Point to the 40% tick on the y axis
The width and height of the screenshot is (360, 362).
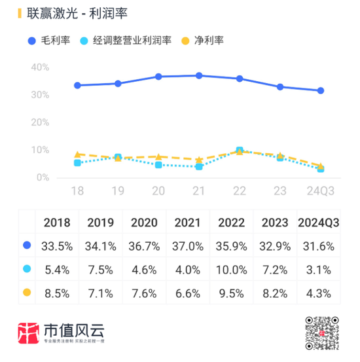tap(41, 67)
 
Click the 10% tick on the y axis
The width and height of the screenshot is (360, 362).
tap(41, 150)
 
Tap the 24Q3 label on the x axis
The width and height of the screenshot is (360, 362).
tap(321, 190)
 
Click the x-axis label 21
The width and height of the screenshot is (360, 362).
tap(199, 190)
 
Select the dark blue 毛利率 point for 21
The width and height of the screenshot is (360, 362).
tap(199, 76)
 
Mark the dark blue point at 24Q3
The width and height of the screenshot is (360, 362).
tap(321, 91)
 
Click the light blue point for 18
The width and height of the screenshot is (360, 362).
tap(77, 162)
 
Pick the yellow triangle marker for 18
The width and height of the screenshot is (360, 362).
tap(77, 154)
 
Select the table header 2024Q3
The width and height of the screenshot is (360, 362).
tap(319, 223)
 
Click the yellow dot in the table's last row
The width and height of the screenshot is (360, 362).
tap(27, 292)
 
